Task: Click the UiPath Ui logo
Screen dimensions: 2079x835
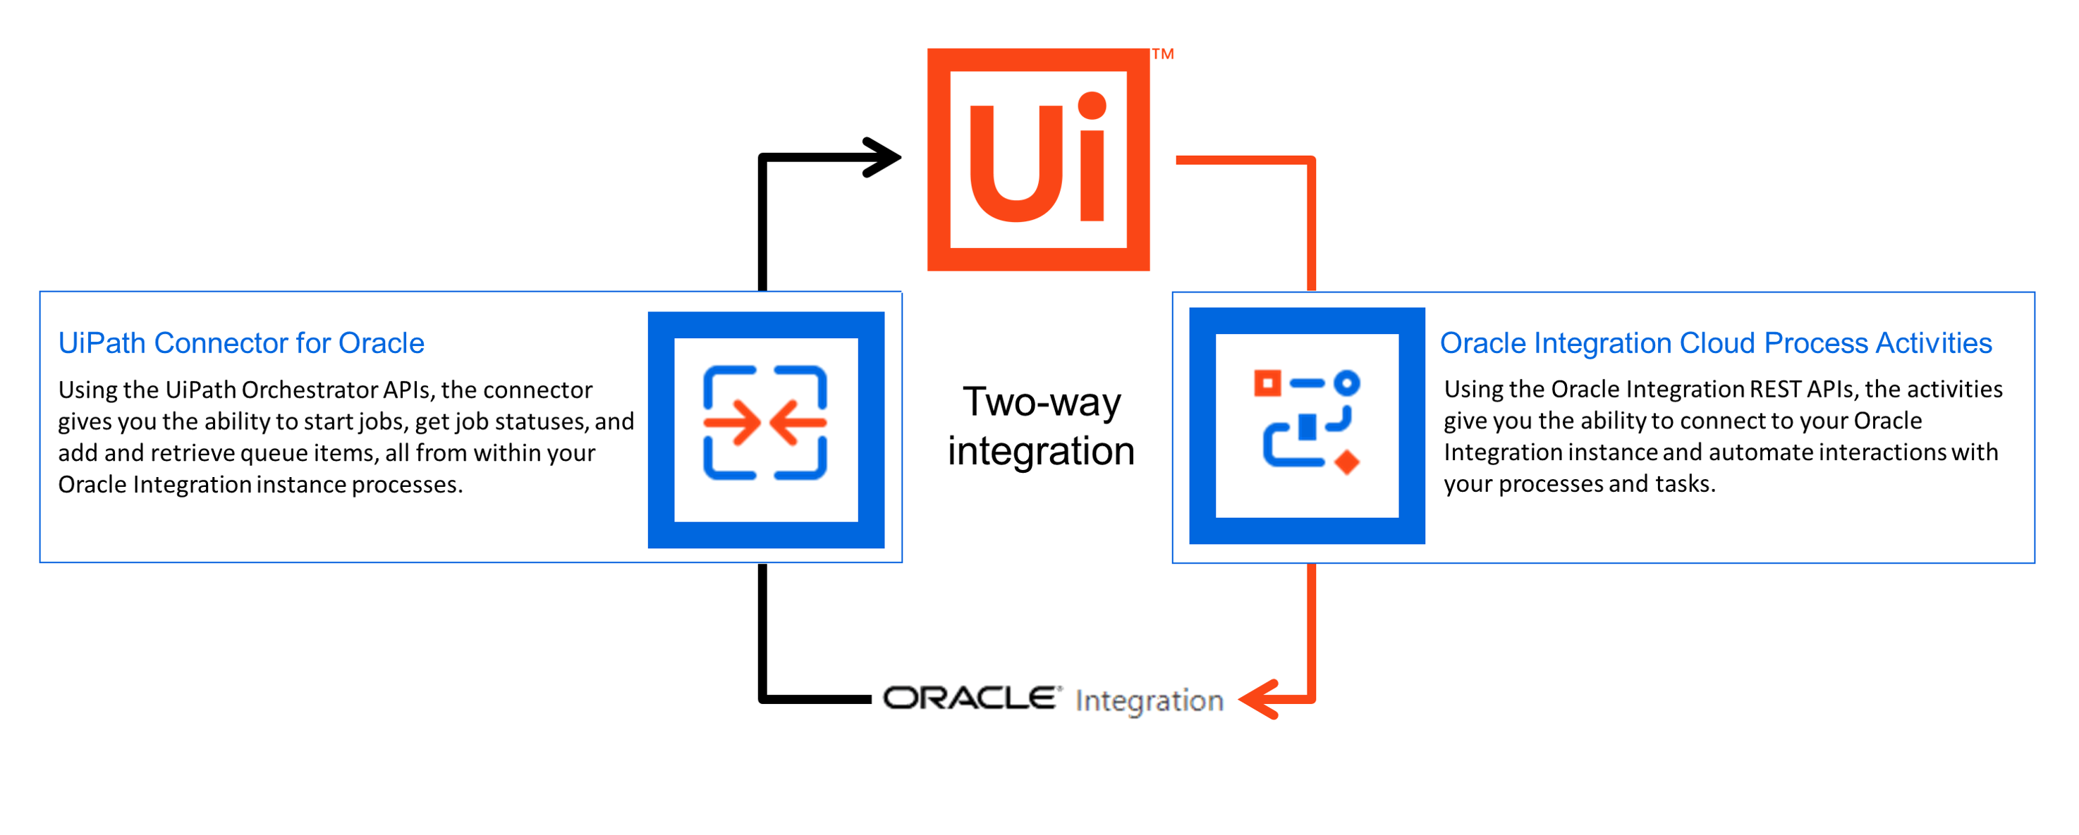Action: click(x=1038, y=159)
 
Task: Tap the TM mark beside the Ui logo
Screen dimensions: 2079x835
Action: click(x=1163, y=54)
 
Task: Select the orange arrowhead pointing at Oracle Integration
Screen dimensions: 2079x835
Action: click(x=1258, y=699)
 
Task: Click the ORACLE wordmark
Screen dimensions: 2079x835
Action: click(x=969, y=698)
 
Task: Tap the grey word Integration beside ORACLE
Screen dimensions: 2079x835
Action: click(x=1150, y=701)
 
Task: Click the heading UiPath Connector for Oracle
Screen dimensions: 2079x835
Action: click(x=241, y=343)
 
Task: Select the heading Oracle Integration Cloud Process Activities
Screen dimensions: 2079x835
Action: click(x=1716, y=343)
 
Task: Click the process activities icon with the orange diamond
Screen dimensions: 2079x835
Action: click(x=1307, y=426)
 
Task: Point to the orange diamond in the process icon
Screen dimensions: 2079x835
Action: click(x=1347, y=462)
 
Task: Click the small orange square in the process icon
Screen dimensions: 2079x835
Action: click(x=1267, y=383)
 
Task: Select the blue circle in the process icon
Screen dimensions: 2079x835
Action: click(x=1347, y=383)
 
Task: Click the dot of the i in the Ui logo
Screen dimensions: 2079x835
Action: click(x=1092, y=106)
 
